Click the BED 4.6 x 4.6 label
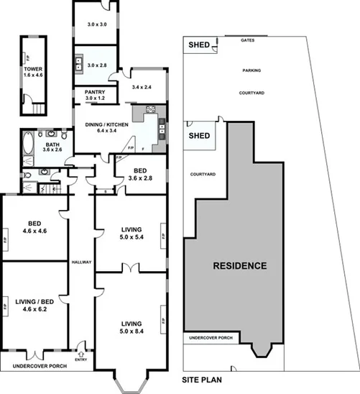click(32, 227)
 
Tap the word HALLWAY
click(81, 262)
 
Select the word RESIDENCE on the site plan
click(240, 265)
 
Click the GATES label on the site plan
click(249, 40)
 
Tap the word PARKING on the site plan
click(251, 70)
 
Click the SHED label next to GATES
click(198, 45)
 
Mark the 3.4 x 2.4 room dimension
click(143, 87)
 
